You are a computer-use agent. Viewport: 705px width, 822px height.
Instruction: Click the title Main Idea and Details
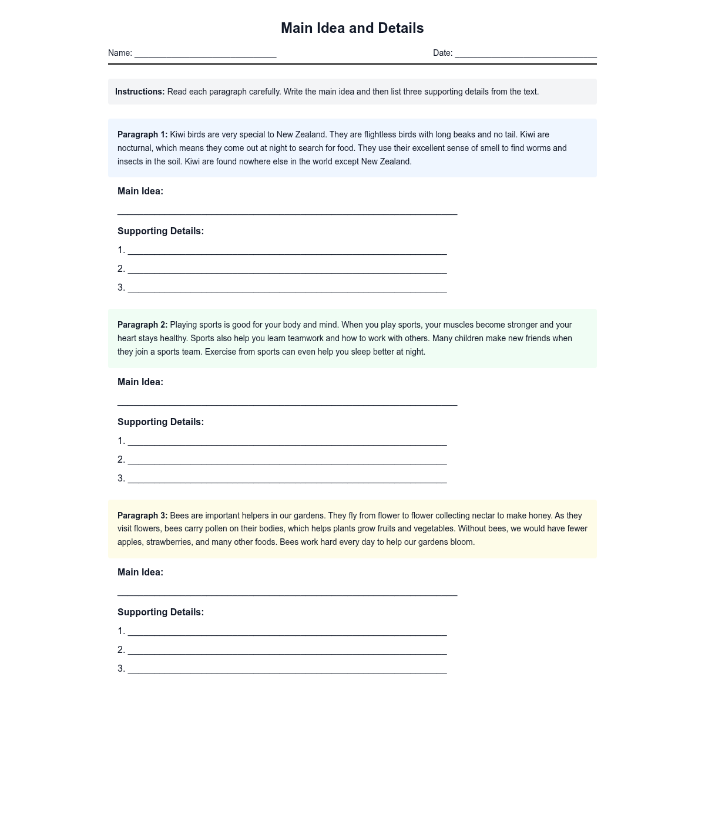pos(352,28)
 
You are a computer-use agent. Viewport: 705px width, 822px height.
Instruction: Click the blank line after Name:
pos(205,54)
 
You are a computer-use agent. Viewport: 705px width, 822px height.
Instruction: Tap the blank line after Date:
pos(525,54)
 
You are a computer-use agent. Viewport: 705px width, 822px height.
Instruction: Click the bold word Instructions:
pos(140,92)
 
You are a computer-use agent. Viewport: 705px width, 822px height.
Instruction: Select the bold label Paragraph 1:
pos(142,134)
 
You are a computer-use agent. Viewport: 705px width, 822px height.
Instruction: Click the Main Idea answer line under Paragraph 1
pos(287,211)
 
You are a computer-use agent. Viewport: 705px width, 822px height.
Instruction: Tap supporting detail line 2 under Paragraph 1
pos(287,269)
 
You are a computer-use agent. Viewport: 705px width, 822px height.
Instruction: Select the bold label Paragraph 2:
pos(142,325)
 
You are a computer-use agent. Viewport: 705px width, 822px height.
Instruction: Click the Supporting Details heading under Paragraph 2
pos(160,422)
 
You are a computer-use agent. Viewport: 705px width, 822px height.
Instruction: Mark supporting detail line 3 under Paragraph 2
pos(287,479)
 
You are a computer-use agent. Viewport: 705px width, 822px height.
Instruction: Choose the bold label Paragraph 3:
pos(142,516)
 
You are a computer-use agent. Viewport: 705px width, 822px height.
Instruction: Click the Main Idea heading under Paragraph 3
pos(140,572)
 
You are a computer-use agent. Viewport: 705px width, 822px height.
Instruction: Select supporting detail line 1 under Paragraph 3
pos(287,632)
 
